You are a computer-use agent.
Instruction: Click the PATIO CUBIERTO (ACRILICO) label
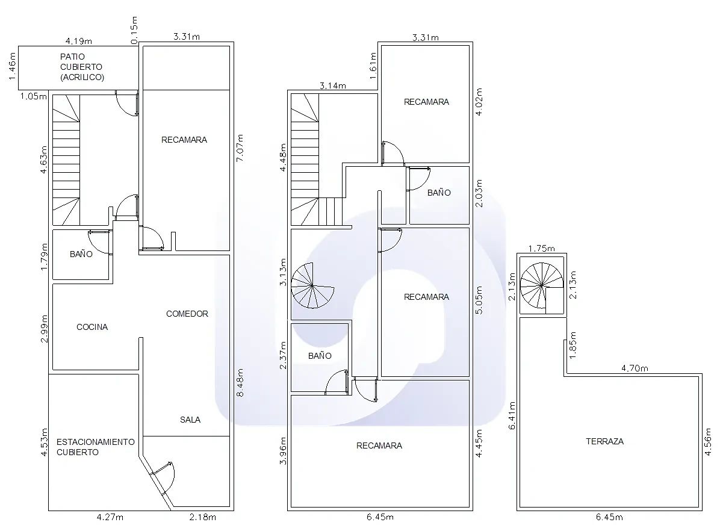point(82,67)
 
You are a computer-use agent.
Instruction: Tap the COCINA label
point(92,327)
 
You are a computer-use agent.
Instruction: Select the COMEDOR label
point(187,314)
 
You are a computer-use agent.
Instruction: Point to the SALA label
point(190,420)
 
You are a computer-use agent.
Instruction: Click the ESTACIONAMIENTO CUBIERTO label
point(96,447)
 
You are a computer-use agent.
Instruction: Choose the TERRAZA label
point(605,441)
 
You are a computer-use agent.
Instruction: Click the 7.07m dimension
point(239,148)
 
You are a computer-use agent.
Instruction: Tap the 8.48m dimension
point(239,382)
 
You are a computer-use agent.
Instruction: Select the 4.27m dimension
point(110,517)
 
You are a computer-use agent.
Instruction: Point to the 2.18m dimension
point(202,517)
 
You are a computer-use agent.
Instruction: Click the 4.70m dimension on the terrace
point(635,368)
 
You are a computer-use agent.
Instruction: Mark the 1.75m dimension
point(541,249)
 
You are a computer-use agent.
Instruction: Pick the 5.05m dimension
point(479,300)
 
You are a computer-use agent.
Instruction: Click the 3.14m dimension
point(333,85)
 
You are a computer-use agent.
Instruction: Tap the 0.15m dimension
point(134,30)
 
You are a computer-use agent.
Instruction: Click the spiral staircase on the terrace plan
point(542,285)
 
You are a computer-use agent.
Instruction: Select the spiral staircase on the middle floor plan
point(312,285)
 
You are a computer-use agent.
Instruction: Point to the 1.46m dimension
point(13,66)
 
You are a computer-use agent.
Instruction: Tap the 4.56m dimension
point(708,442)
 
